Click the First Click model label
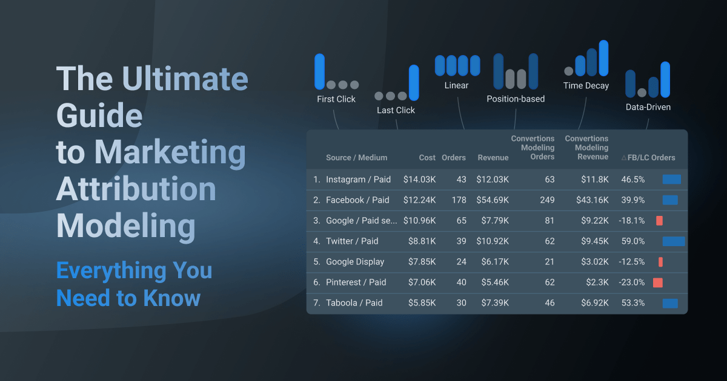point(336,99)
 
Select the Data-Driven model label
point(648,107)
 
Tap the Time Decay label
point(586,86)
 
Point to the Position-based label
point(516,99)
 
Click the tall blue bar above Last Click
point(414,82)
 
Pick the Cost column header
point(427,158)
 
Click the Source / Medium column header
point(356,158)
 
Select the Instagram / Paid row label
point(358,180)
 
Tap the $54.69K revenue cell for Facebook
point(493,200)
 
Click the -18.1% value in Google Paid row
point(632,221)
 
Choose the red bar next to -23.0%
point(657,282)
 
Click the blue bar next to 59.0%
point(673,241)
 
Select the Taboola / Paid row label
point(354,303)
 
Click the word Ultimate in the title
point(185,79)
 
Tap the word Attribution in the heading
point(136,189)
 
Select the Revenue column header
point(493,158)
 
